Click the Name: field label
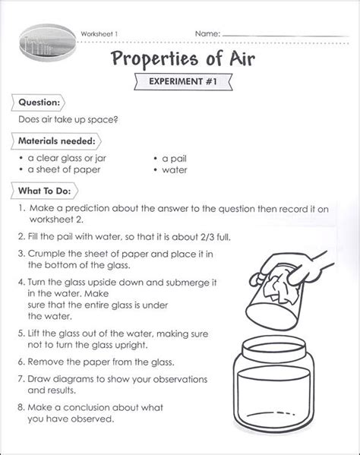point(207,33)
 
